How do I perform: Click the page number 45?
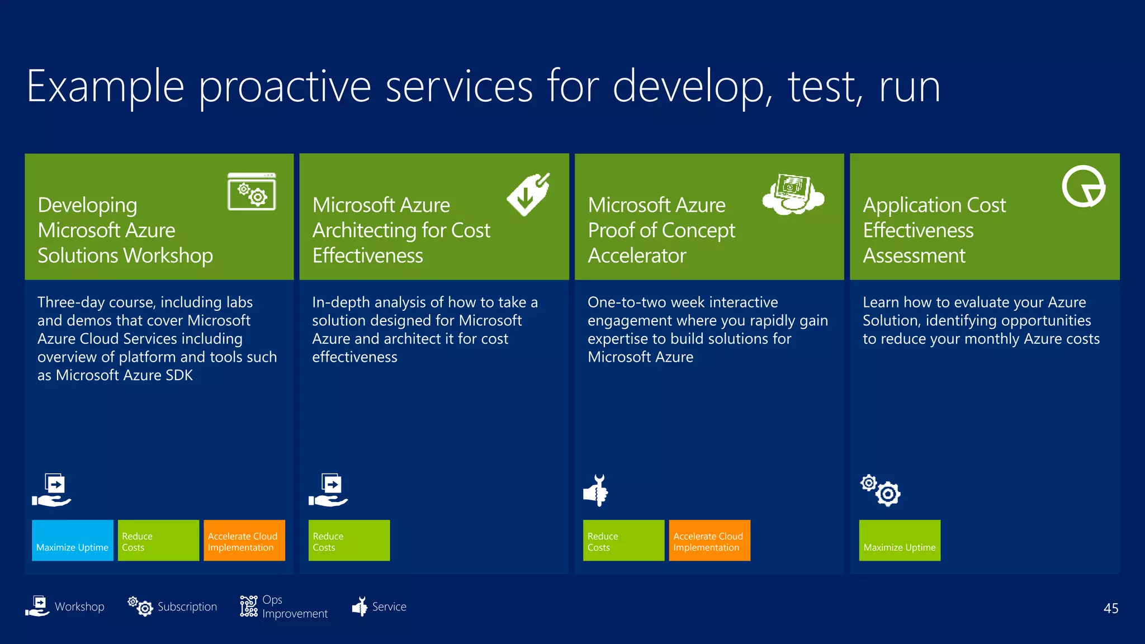pyautogui.click(x=1110, y=608)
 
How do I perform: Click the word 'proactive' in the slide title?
pyautogui.click(x=285, y=87)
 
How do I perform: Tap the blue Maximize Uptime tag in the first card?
pyautogui.click(x=73, y=541)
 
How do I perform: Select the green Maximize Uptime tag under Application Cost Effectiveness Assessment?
pyautogui.click(x=900, y=541)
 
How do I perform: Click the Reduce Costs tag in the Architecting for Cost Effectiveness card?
pyautogui.click(x=349, y=541)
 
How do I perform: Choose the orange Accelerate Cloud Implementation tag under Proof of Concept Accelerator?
pyautogui.click(x=709, y=541)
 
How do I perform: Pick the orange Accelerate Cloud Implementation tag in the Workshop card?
pyautogui.click(x=244, y=541)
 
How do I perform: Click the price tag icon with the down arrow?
pyautogui.click(x=528, y=194)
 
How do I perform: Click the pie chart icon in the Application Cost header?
pyautogui.click(x=1083, y=187)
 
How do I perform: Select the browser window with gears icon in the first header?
pyautogui.click(x=252, y=192)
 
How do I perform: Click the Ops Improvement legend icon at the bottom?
pyautogui.click(x=249, y=607)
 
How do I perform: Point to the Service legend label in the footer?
pyautogui.click(x=389, y=607)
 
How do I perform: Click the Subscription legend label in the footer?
pyautogui.click(x=187, y=607)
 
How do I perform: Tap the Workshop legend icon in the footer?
pyautogui.click(x=38, y=607)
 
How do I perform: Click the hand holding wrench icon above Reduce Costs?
pyautogui.click(x=596, y=490)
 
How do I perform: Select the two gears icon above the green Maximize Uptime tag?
pyautogui.click(x=881, y=490)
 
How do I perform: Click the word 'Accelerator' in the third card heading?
pyautogui.click(x=637, y=255)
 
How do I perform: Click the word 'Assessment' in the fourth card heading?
pyautogui.click(x=914, y=255)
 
